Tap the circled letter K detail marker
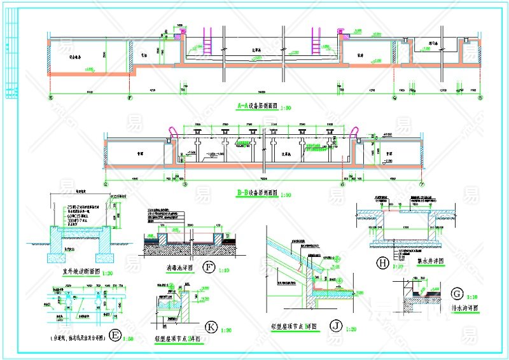[x=211, y=327]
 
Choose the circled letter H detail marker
[x=382, y=262]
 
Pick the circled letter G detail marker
[x=456, y=294]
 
